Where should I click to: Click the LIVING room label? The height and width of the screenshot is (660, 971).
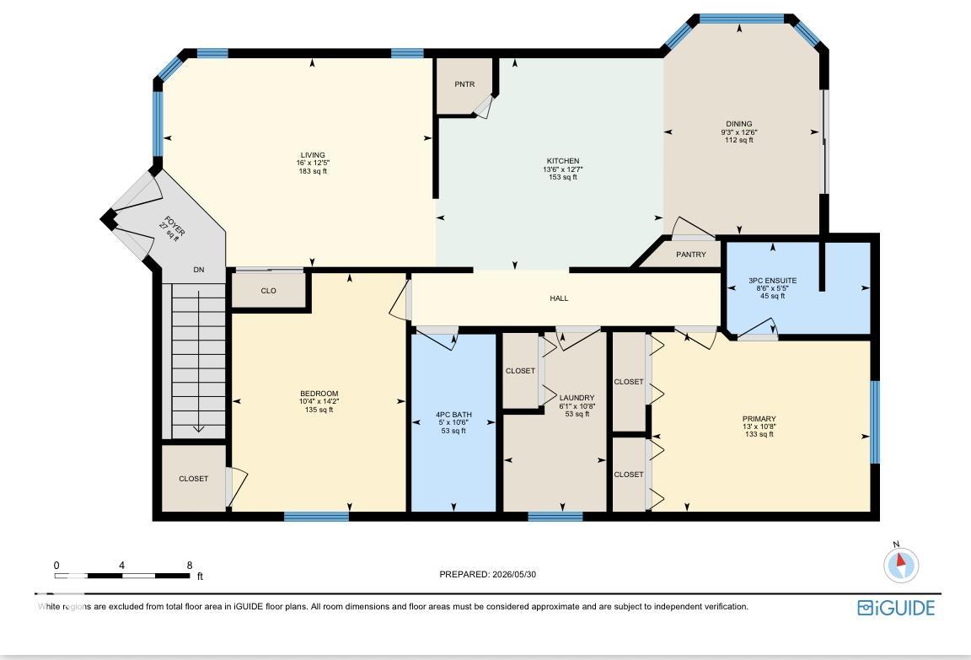[x=313, y=155]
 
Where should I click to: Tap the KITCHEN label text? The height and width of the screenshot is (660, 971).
[x=563, y=161]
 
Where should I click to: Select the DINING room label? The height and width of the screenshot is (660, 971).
[x=738, y=124]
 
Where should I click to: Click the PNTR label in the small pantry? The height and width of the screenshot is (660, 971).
[x=464, y=84]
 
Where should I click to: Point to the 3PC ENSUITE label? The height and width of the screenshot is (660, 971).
[x=772, y=281]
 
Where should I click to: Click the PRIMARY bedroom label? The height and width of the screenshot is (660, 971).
[x=759, y=419]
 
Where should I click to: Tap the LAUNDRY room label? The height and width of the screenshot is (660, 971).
[x=577, y=398]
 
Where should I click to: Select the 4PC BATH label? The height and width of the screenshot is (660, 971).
[x=453, y=415]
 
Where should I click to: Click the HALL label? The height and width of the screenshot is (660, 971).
[x=559, y=298]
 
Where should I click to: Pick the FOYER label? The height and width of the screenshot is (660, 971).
[x=174, y=226]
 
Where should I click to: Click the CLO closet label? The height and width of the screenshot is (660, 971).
[x=268, y=291]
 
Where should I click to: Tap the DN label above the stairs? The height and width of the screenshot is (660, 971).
[x=199, y=270]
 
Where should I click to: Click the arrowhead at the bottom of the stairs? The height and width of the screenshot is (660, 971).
[x=198, y=429]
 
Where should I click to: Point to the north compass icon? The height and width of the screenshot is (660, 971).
[x=900, y=563]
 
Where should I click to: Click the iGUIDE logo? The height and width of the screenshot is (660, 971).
[x=896, y=608]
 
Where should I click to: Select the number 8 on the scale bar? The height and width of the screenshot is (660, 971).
[x=190, y=566]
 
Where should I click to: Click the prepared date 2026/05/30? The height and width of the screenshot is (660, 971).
[x=514, y=575]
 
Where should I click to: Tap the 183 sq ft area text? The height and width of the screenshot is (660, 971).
[x=313, y=171]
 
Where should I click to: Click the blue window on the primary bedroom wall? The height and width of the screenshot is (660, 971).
[x=875, y=422]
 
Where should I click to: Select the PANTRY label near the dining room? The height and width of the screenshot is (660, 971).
[x=690, y=255]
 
